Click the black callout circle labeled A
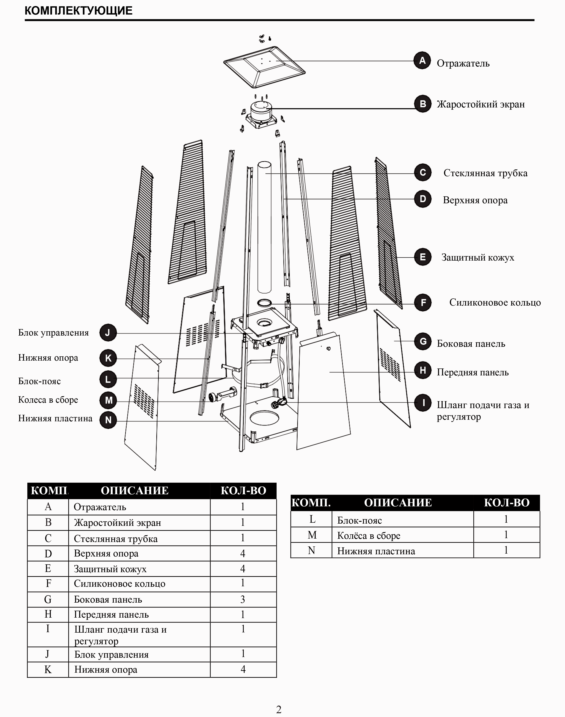coord(422,60)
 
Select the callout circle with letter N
coord(108,420)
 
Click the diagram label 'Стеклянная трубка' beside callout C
coord(485,173)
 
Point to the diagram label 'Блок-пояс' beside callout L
coord(39,381)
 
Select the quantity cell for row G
coord(243,599)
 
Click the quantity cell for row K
coord(243,669)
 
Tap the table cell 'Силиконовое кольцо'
coord(119,584)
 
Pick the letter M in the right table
coord(312,535)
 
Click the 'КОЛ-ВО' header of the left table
coord(243,490)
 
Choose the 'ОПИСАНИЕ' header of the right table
coord(398,503)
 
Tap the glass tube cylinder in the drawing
coord(264,228)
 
